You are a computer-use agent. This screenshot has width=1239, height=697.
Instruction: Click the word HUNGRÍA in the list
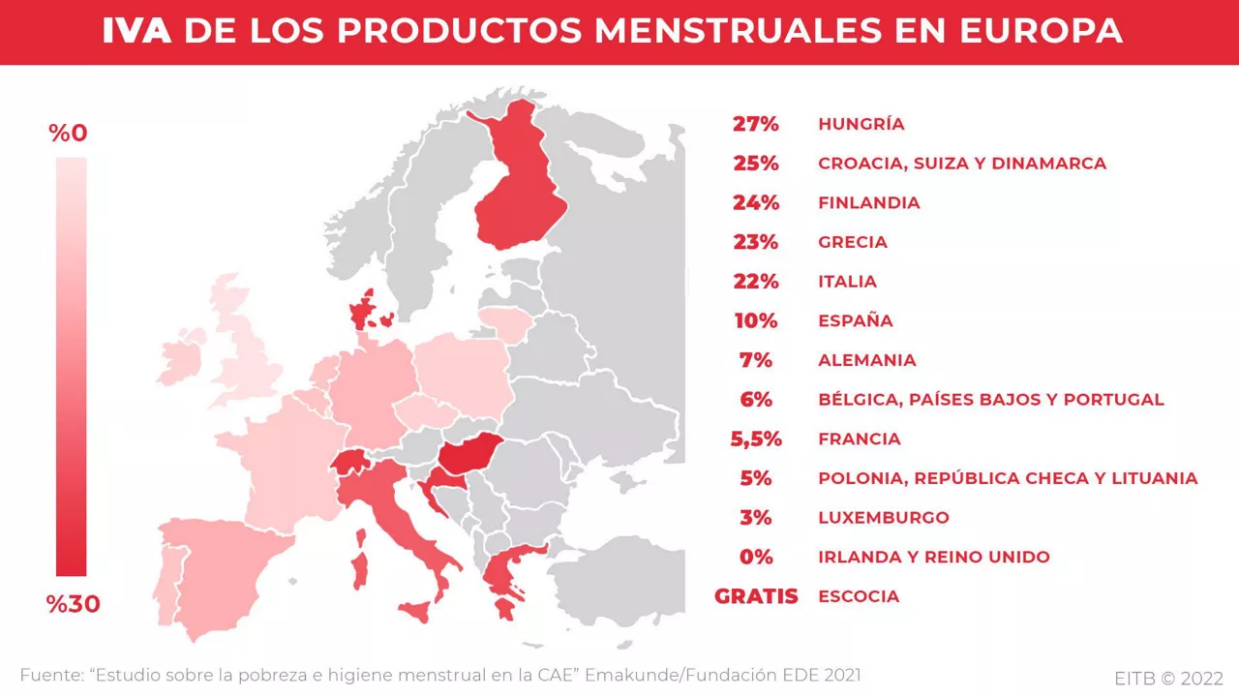861,124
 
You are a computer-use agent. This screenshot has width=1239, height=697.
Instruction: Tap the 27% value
755,124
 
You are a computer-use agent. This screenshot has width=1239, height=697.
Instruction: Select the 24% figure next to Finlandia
755,202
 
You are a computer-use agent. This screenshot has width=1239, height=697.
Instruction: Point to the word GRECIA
852,242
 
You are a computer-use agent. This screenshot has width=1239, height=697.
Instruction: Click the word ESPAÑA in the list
855,320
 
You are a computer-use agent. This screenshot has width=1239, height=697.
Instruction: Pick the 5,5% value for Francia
755,439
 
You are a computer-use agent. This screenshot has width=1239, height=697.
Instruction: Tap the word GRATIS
756,596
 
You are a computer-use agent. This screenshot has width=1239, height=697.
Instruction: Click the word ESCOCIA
858,596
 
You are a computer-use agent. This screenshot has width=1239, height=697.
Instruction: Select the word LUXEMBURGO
883,518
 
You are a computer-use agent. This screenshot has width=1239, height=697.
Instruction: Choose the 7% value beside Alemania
755,360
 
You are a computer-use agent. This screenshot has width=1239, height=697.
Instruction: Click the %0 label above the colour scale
69,134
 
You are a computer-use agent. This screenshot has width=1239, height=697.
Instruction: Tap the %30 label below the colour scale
73,605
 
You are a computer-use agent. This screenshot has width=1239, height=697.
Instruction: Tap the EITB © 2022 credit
1168,678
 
